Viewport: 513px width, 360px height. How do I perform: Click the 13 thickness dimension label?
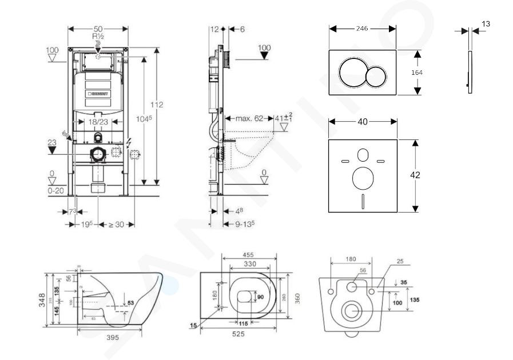pos(486,24)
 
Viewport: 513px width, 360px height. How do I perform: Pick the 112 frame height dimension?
pos(157,105)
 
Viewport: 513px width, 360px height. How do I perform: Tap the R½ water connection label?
pos(99,35)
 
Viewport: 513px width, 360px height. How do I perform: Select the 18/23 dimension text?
pos(98,122)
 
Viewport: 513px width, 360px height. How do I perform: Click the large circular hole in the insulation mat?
pos(363,179)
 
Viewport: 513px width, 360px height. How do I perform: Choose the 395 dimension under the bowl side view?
pos(113,337)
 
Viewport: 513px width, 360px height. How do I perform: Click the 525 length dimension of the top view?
pos(240,334)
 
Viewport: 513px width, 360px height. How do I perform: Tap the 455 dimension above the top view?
pos(248,255)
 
